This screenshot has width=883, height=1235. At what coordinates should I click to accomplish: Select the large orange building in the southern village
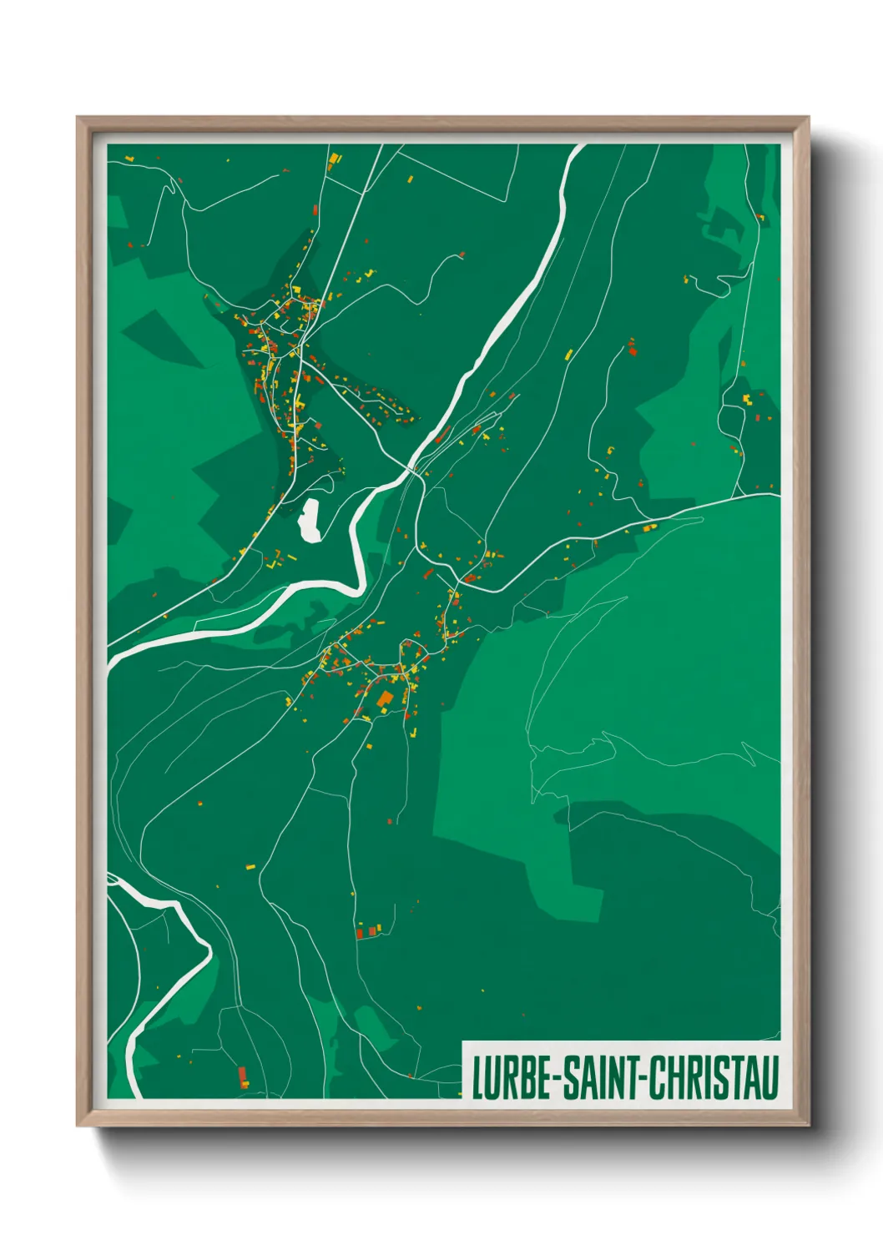pyautogui.click(x=385, y=699)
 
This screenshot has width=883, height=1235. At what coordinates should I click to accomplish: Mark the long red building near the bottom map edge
pyautogui.click(x=243, y=1076)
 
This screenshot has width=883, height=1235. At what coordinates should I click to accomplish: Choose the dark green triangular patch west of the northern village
pyautogui.click(x=163, y=338)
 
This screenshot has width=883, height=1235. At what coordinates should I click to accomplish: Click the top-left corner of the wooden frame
pyautogui.click(x=78, y=118)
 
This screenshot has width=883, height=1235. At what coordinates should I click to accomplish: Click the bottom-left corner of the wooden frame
pyautogui.click(x=78, y=1126)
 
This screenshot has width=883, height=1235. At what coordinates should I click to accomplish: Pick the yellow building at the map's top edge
pyautogui.click(x=334, y=158)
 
